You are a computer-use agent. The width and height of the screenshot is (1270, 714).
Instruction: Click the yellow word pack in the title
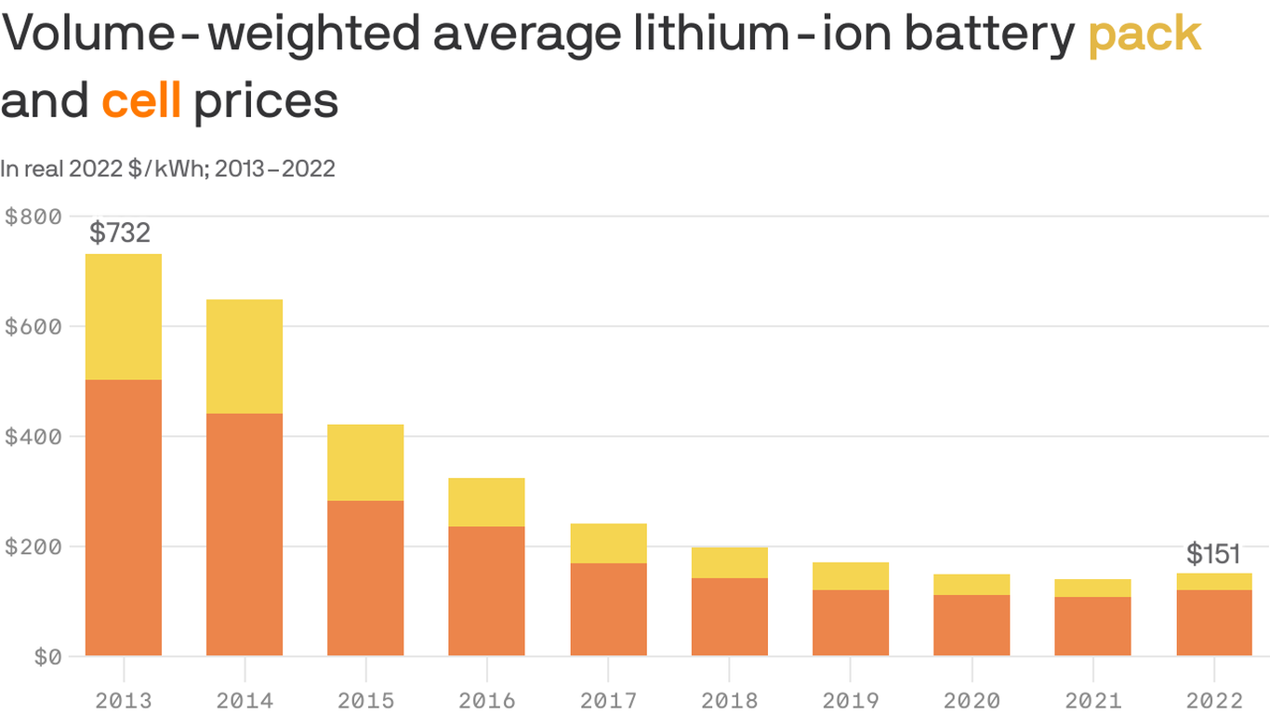tap(1144, 35)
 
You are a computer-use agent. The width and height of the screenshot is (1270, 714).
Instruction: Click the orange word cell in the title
tap(141, 101)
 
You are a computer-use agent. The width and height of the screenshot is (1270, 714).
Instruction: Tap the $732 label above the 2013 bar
tap(120, 232)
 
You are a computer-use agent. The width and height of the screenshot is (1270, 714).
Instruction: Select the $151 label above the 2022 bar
tap(1213, 555)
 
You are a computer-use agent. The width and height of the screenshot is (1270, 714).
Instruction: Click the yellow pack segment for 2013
tap(124, 317)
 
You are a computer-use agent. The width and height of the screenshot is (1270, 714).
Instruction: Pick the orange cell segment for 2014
tap(245, 535)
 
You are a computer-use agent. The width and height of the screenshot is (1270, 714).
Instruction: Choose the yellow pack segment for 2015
tap(365, 463)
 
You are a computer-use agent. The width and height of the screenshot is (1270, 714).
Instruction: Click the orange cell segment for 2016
tap(486, 591)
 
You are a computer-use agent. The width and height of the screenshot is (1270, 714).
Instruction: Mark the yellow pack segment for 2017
tap(608, 544)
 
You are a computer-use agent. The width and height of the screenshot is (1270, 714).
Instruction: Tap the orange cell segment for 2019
tap(851, 623)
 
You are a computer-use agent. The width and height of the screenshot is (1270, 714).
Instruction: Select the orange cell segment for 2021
tap(1092, 627)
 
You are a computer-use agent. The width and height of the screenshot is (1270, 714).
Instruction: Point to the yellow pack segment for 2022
tap(1214, 582)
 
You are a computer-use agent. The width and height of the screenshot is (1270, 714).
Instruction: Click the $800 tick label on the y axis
tap(33, 217)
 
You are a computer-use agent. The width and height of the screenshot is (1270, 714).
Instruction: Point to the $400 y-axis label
tap(33, 437)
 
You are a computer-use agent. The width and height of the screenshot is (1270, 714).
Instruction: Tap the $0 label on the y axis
tap(47, 657)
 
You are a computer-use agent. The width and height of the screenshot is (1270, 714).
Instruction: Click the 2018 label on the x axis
tap(730, 700)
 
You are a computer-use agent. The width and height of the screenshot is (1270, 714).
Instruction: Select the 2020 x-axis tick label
tap(972, 700)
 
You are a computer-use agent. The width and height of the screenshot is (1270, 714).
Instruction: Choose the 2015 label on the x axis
tap(365, 700)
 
